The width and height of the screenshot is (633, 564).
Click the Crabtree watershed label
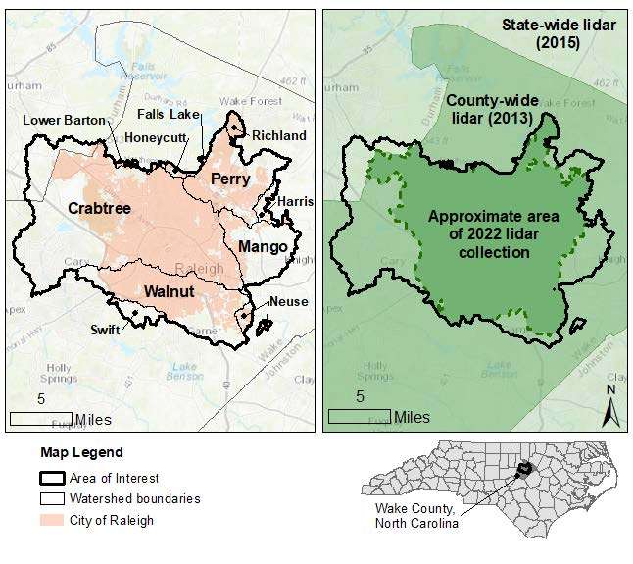pyautogui.click(x=100, y=208)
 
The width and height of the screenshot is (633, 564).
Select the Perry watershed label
pyautogui.click(x=231, y=179)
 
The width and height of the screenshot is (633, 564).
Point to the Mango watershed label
pyautogui.click(x=264, y=246)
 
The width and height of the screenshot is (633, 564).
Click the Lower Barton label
pyautogui.click(x=62, y=121)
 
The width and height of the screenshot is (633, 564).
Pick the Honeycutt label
pyautogui.click(x=155, y=139)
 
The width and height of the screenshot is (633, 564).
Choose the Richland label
pyautogui.click(x=278, y=135)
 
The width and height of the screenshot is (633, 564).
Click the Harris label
pyautogui.click(x=295, y=201)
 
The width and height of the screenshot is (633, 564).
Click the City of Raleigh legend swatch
pyautogui.click(x=52, y=520)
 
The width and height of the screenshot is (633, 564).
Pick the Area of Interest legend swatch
pyautogui.click(x=52, y=479)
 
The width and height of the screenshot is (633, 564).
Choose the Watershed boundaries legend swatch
pyautogui.click(x=52, y=499)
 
